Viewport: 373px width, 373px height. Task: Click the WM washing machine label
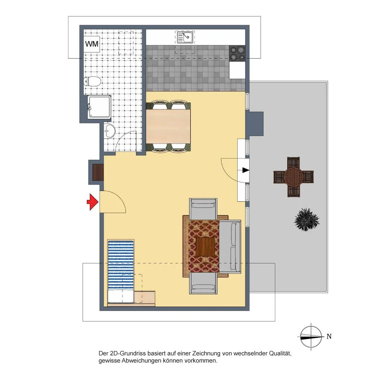click(92, 44)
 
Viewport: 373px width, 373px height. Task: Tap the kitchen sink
click(185, 37)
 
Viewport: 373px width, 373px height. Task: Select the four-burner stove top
click(237, 53)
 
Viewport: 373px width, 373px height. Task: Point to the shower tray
click(99, 107)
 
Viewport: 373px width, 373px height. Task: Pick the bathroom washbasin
click(109, 131)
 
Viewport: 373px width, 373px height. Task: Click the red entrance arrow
click(93, 202)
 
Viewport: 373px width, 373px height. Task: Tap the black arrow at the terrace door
click(246, 170)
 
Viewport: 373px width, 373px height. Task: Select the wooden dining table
click(168, 126)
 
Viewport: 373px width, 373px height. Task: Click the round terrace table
click(294, 177)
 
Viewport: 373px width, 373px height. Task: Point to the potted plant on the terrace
click(307, 219)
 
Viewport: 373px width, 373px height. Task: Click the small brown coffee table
click(205, 247)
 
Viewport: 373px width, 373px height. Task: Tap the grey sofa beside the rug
click(230, 247)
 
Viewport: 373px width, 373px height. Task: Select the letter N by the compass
click(329, 336)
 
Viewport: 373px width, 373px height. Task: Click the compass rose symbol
click(311, 337)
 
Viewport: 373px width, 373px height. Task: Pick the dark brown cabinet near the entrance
click(98, 172)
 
